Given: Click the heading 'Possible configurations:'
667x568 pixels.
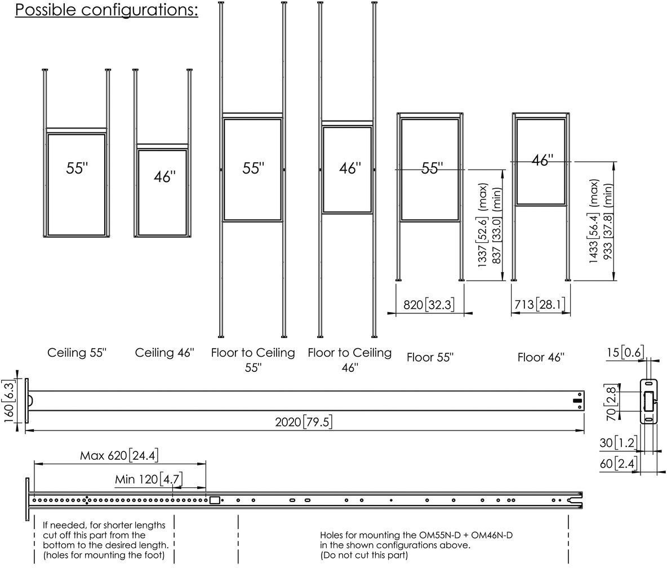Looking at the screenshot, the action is click(x=107, y=10).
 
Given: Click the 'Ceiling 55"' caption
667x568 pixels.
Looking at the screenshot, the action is click(x=77, y=353).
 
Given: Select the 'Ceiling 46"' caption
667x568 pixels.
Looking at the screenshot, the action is click(x=164, y=353).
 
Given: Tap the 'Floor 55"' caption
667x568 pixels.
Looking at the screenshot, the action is click(x=430, y=357).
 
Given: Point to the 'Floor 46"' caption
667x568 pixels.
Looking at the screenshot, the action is click(x=541, y=357).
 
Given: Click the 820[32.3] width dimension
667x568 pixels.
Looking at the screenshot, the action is click(x=429, y=305).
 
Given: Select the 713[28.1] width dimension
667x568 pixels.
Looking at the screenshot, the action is click(x=540, y=305).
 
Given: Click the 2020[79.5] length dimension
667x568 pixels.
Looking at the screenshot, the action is click(x=304, y=422).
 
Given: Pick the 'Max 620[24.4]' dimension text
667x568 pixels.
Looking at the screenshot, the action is click(x=119, y=456).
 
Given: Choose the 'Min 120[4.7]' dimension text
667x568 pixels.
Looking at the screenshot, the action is click(x=149, y=480).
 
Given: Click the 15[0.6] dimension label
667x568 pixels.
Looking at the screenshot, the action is click(x=625, y=352).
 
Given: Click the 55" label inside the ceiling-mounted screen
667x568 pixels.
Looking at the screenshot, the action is click(x=77, y=168).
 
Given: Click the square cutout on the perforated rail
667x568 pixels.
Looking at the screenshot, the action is click(x=215, y=500).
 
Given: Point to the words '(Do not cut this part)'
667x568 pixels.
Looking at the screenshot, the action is click(x=364, y=555).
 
